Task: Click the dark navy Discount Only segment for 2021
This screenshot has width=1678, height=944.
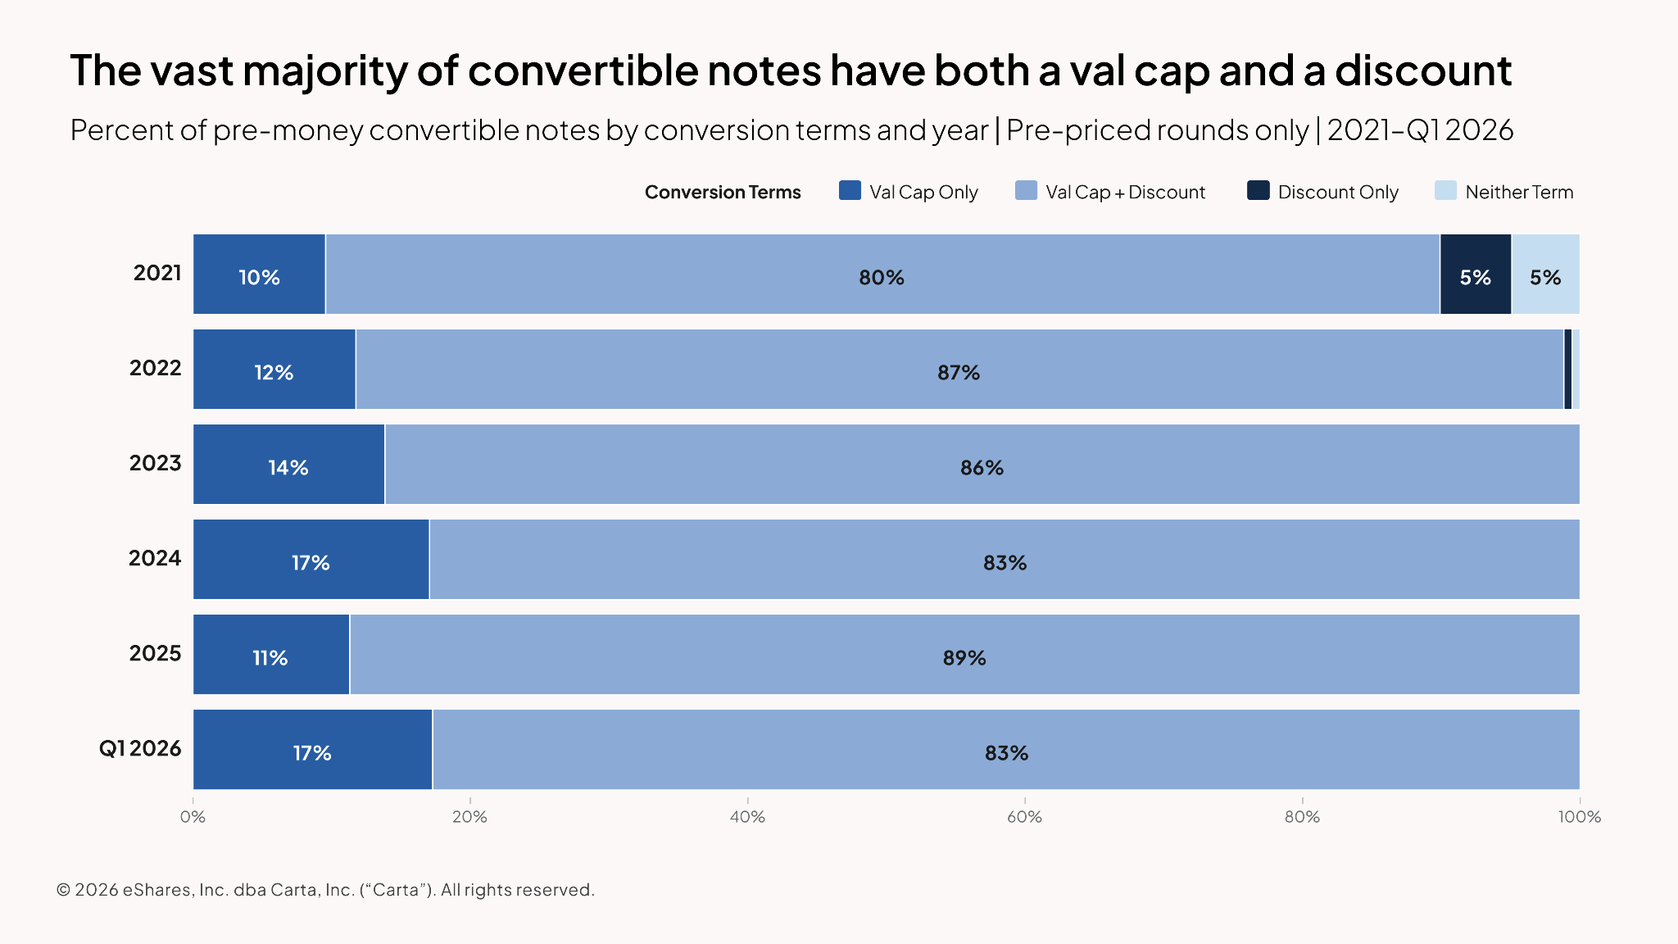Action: pyautogui.click(x=1476, y=274)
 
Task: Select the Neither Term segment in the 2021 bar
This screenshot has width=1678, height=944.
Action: pyautogui.click(x=1545, y=274)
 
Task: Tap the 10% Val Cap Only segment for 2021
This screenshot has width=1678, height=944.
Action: pyautogui.click(x=259, y=274)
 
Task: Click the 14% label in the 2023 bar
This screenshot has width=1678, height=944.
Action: pyautogui.click(x=288, y=467)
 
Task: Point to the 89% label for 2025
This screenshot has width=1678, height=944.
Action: pyautogui.click(x=964, y=657)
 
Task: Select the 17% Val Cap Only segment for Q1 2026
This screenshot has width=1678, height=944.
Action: pyautogui.click(x=313, y=749)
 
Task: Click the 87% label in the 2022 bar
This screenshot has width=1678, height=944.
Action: pyautogui.click(x=959, y=372)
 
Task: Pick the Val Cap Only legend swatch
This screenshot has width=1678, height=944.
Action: pyautogui.click(x=850, y=190)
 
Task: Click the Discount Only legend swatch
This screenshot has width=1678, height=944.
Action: pyautogui.click(x=1258, y=190)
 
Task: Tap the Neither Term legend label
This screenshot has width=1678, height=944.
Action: pyautogui.click(x=1519, y=192)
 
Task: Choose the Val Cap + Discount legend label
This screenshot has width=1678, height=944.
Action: pyautogui.click(x=1125, y=192)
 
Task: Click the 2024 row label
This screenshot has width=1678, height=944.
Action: pyautogui.click(x=155, y=558)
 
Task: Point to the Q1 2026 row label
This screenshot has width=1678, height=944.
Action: pyautogui.click(x=140, y=748)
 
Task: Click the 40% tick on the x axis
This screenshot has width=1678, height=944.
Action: pyautogui.click(x=747, y=816)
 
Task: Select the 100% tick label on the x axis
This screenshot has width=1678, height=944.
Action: pyautogui.click(x=1580, y=816)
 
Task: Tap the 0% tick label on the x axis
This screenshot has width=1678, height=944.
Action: pyautogui.click(x=193, y=816)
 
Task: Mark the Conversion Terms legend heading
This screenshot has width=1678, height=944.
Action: pyautogui.click(x=723, y=192)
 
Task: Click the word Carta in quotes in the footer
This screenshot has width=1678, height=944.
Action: pyautogui.click(x=396, y=890)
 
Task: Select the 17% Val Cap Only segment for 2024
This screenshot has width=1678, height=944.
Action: pyautogui.click(x=311, y=559)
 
